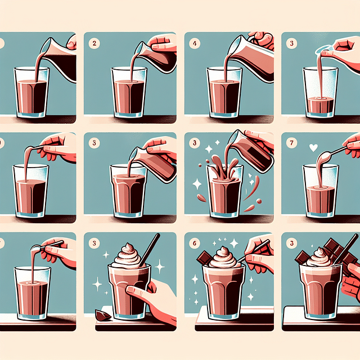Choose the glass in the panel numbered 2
click(x=130, y=93)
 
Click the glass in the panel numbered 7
click(x=321, y=191)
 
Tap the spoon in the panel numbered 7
click(x=332, y=152)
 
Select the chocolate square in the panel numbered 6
click(x=203, y=258)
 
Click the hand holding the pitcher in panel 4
click(x=262, y=39)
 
